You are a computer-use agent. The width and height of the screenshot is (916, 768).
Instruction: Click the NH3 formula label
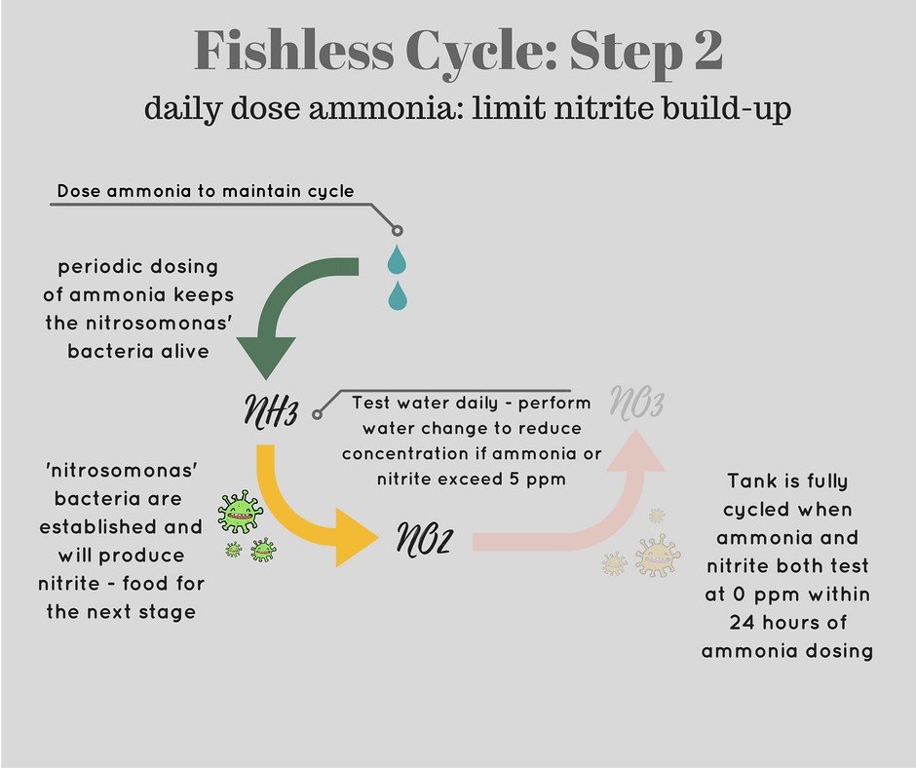coord(271,411)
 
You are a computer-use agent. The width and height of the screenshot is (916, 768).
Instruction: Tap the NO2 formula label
coord(425,538)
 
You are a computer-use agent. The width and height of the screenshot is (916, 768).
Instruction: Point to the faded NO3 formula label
coord(636,403)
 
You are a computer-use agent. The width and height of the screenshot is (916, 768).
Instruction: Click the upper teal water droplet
coord(398,259)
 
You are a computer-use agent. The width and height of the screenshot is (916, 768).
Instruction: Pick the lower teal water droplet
coord(398,295)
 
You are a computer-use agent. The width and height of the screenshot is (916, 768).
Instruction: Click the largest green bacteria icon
coord(240,512)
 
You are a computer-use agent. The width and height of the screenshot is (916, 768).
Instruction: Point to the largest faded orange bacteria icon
coord(657,556)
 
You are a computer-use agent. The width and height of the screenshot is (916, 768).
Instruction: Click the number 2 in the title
coord(708,51)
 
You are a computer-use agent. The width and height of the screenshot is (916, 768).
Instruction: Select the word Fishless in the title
coord(294,51)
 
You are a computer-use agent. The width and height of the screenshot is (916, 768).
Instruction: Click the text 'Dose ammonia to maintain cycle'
coord(206,191)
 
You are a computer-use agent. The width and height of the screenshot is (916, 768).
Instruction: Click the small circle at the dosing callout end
coord(398,230)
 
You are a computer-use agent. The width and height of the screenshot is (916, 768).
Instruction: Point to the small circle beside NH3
coord(318,414)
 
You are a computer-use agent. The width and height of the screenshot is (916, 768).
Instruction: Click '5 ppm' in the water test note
coord(538,480)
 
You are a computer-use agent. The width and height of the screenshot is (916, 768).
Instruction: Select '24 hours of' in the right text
coord(788,623)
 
